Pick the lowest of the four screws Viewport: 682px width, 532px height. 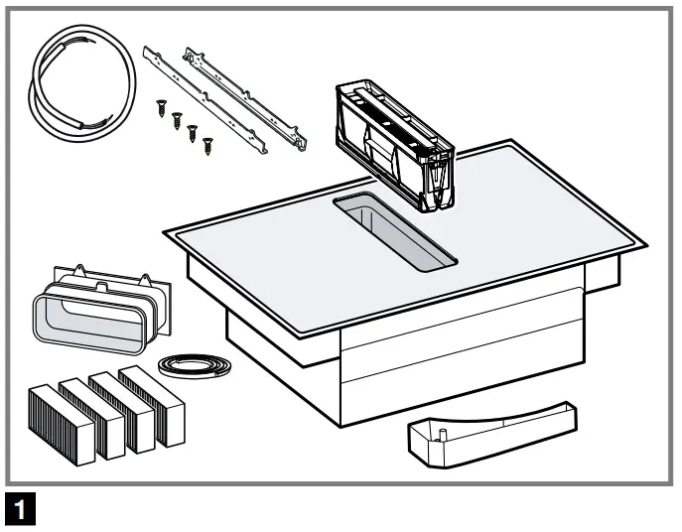207,146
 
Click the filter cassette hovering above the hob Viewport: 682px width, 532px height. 394,140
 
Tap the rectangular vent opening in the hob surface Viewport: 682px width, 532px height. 395,231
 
